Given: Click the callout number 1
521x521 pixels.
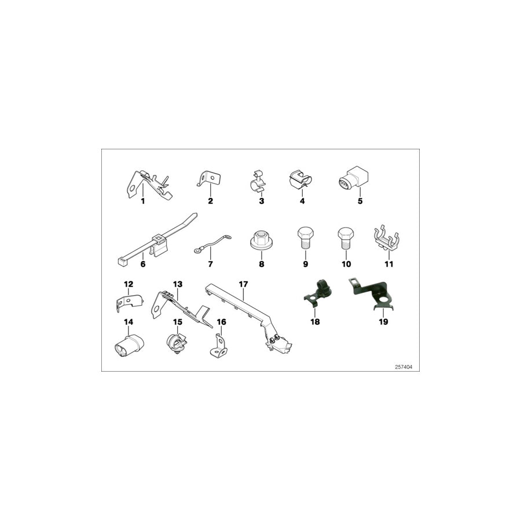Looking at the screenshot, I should tap(142, 201).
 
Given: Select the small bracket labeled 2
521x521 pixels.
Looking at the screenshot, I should tap(211, 178).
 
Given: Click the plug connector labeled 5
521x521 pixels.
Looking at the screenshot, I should tap(351, 178).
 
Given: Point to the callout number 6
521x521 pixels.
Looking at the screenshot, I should tap(142, 264).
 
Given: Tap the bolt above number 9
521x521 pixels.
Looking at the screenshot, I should tap(306, 239).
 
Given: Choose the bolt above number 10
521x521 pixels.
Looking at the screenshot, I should tap(346, 239).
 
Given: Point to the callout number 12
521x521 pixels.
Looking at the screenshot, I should tap(129, 284).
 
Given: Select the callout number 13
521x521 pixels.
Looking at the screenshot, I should tap(177, 284).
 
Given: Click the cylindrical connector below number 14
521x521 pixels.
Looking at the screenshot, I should tap(129, 344).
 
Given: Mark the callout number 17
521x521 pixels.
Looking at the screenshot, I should tap(243, 284).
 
